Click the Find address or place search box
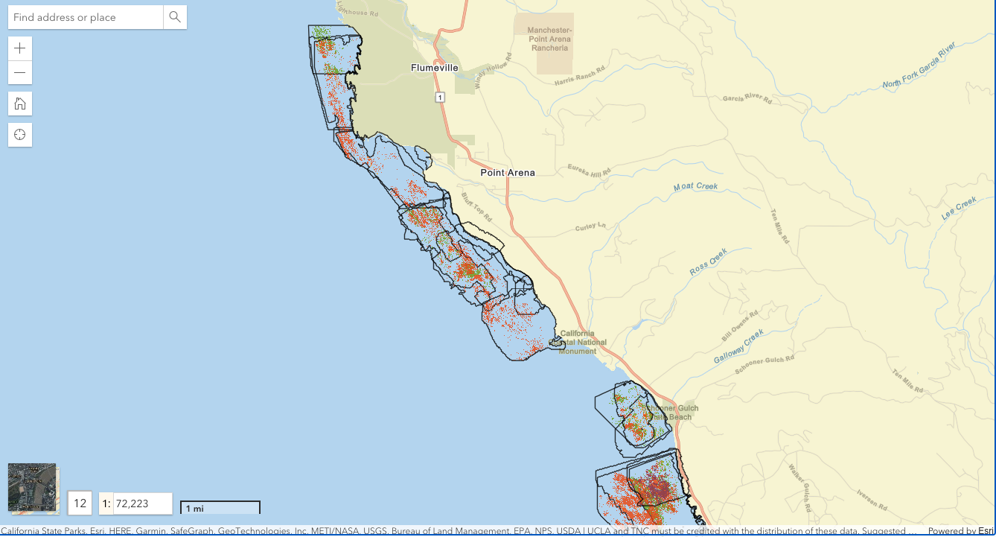click(86, 17)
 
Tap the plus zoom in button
click(20, 48)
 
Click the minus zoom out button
click(20, 73)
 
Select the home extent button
click(20, 104)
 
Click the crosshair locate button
click(20, 135)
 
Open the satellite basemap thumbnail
click(32, 488)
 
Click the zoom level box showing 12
click(80, 503)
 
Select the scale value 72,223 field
click(141, 503)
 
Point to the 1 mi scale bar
click(220, 508)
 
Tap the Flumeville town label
click(435, 68)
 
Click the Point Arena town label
click(508, 173)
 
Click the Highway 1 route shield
click(440, 98)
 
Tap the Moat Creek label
click(696, 186)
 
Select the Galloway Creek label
click(738, 347)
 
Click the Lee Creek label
click(959, 208)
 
